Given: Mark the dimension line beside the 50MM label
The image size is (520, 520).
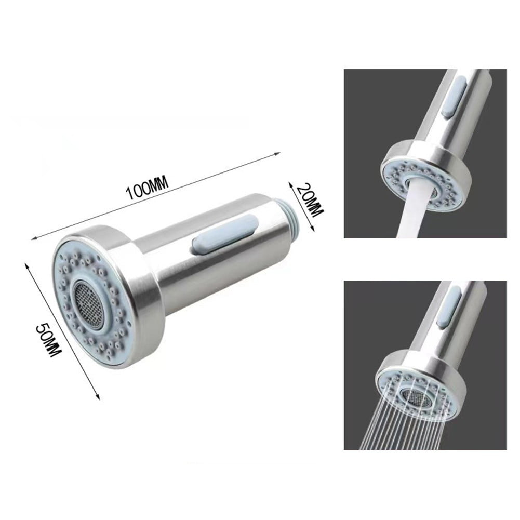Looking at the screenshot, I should click(x=62, y=332).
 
